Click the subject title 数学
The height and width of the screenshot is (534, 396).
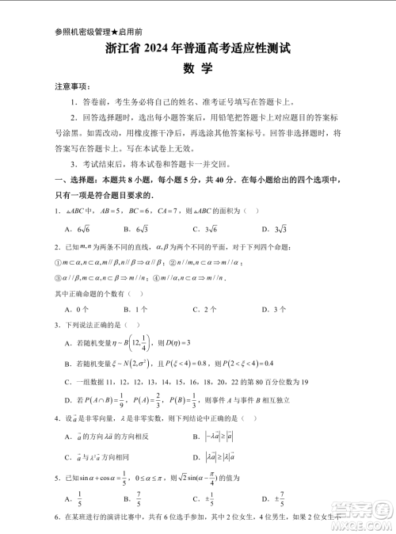[x=197, y=69]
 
